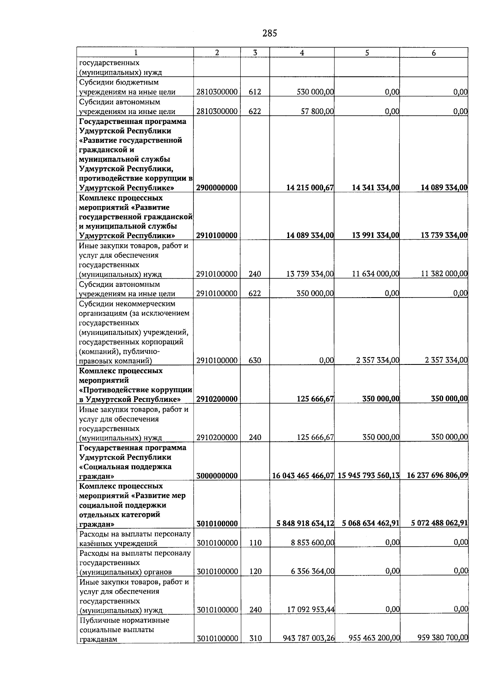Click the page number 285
[269, 33]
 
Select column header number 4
[302, 53]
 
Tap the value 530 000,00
[315, 92]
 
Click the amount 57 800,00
[317, 112]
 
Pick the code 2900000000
[216, 188]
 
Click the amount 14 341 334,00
[375, 188]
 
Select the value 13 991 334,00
[375, 236]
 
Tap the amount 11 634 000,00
[375, 274]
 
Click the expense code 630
[255, 361]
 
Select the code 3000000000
[216, 476]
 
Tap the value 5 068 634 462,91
[370, 523]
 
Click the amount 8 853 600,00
[312, 543]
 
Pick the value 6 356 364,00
[312, 571]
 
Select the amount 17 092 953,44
[310, 610]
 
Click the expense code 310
[255, 638]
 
